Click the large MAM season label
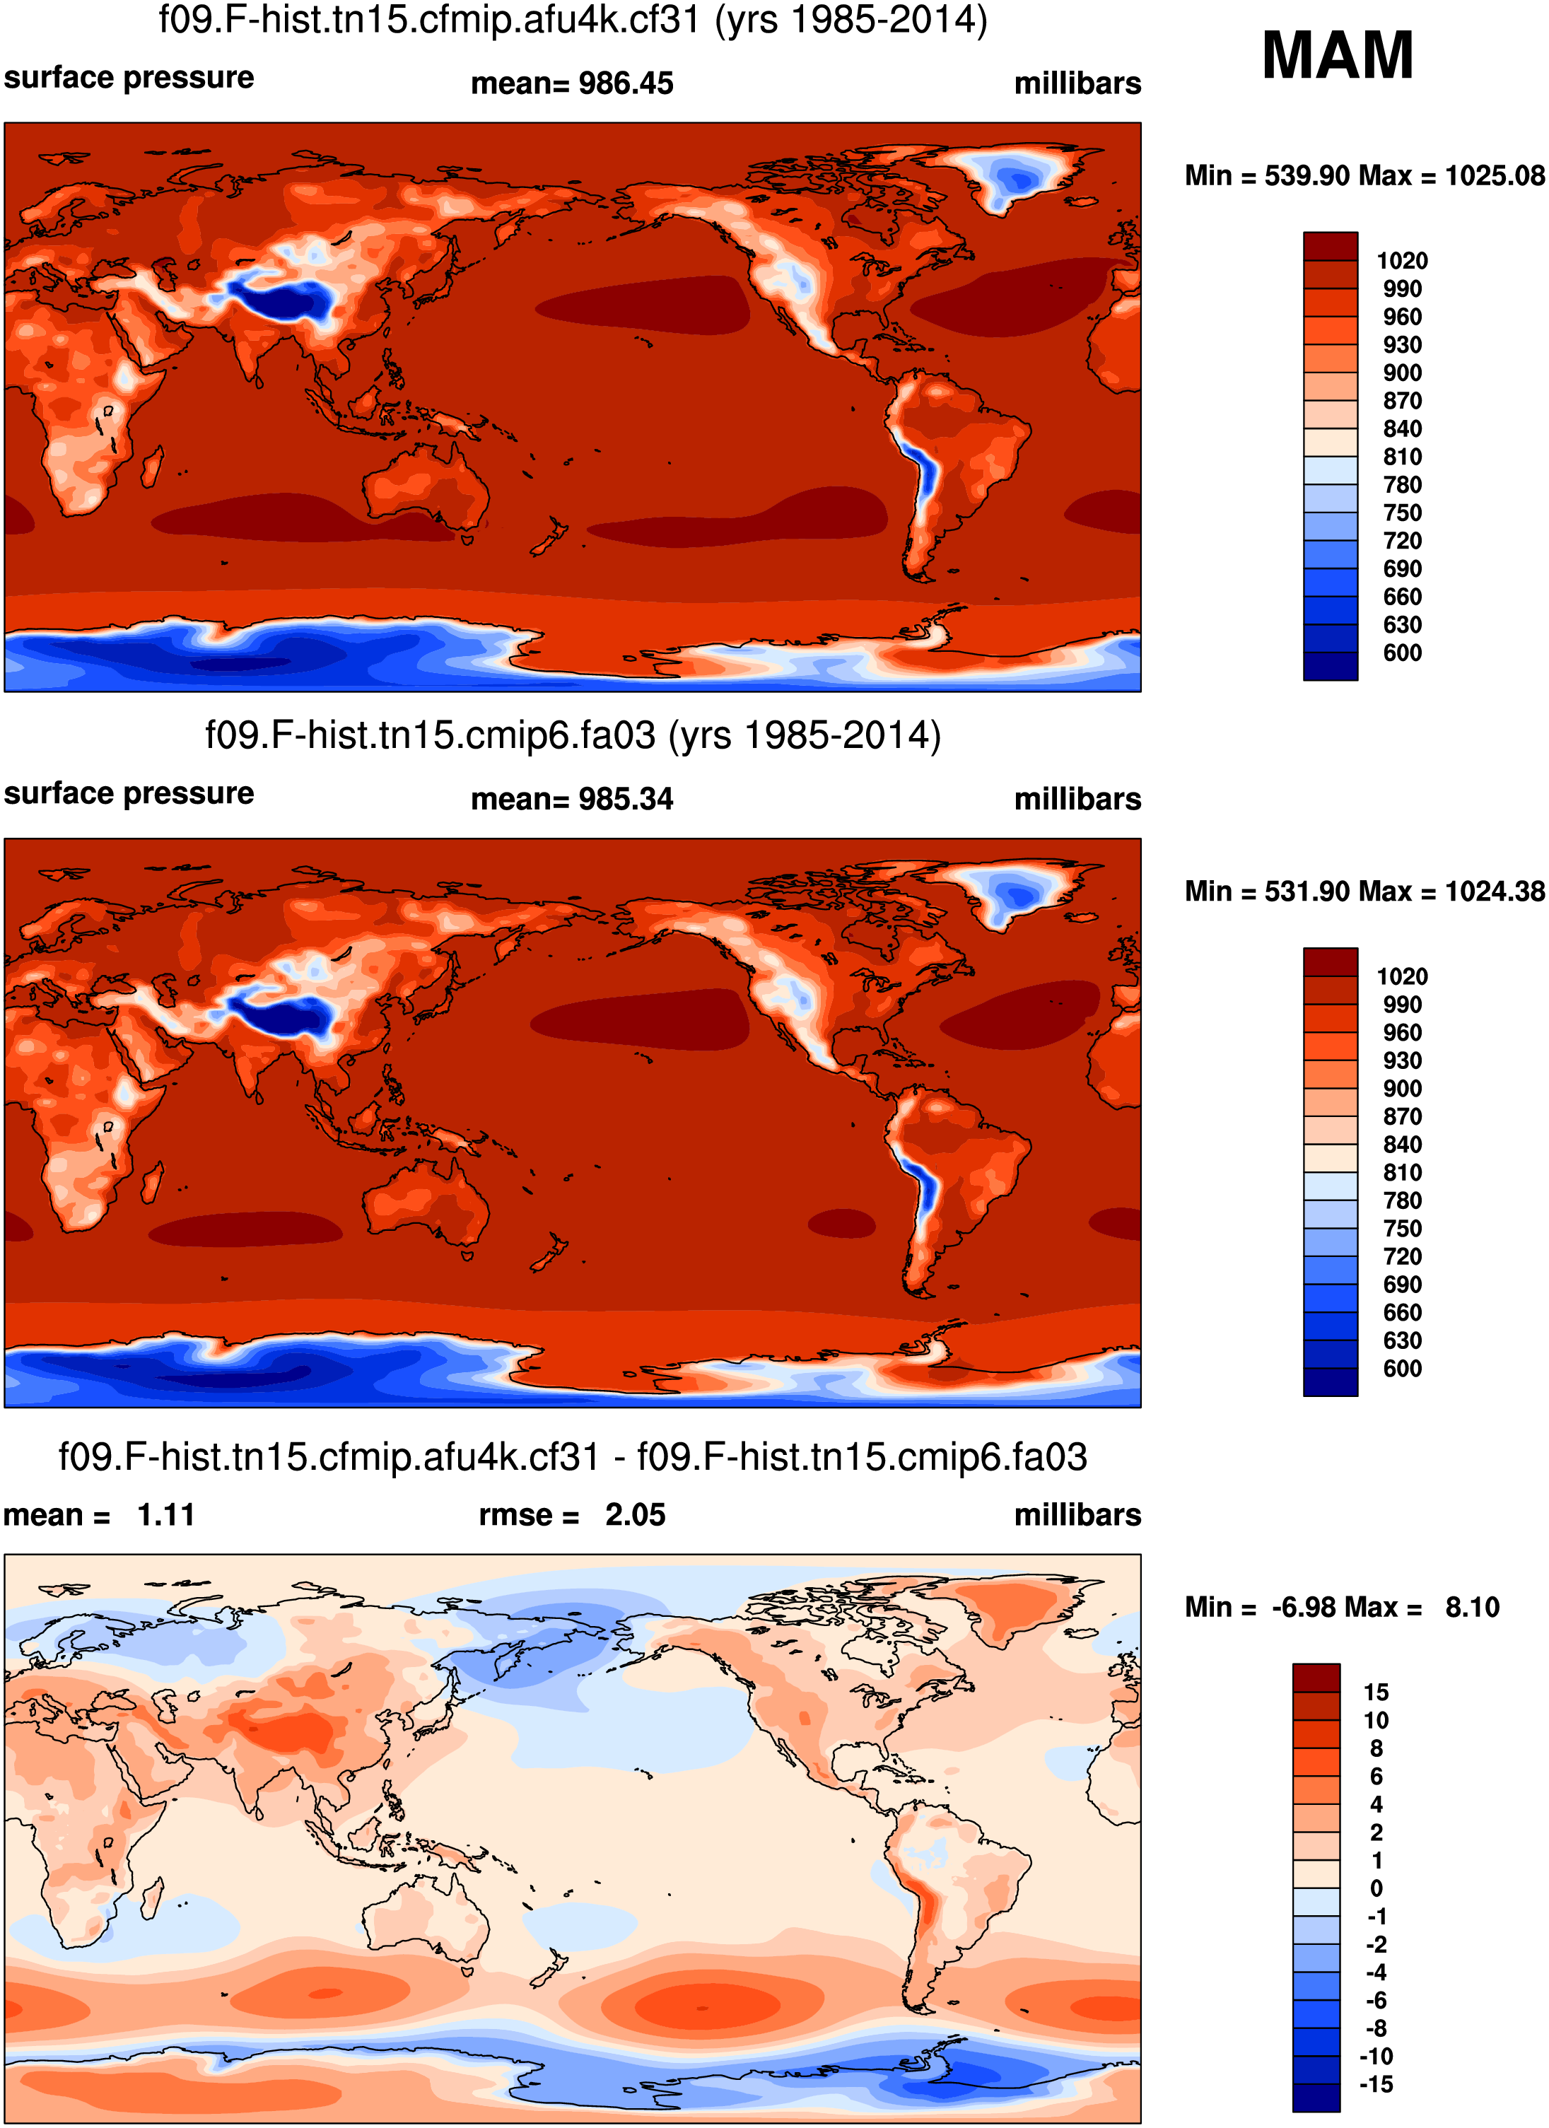pos(1337,57)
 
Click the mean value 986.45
pos(626,83)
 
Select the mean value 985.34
pos(626,800)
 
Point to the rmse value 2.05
pos(635,1515)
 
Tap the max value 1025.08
pos(1495,175)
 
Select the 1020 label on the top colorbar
pos(1402,261)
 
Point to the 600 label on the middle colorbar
pos(1402,1369)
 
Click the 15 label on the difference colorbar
pos(1375,1693)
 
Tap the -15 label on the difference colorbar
pos(1375,2085)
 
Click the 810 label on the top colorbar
pos(1402,457)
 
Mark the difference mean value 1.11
pos(166,1515)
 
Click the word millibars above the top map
pos(1077,83)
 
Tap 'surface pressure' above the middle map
pos(129,794)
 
